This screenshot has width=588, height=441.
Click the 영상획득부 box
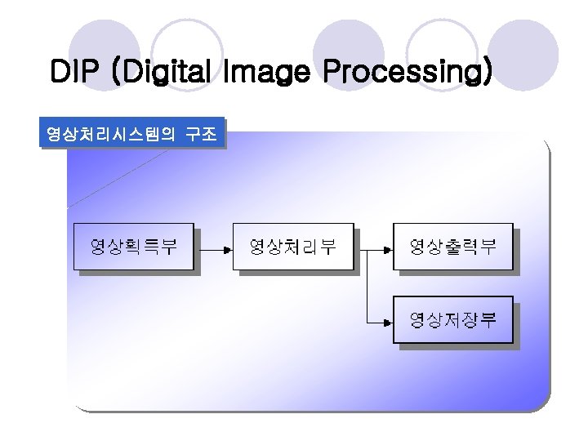pyautogui.click(x=134, y=246)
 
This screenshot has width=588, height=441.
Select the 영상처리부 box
pyautogui.click(x=293, y=246)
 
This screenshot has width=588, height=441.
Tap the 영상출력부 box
pyautogui.click(x=453, y=246)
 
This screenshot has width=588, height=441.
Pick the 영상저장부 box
pyautogui.click(x=453, y=319)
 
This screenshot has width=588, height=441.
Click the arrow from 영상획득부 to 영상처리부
pyautogui.click(x=213, y=246)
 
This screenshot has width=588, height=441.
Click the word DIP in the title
pyautogui.click(x=78, y=72)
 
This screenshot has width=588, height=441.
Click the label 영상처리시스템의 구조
pyautogui.click(x=131, y=134)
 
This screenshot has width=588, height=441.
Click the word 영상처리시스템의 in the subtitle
pyautogui.click(x=110, y=134)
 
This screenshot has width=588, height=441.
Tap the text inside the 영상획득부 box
pyautogui.click(x=134, y=246)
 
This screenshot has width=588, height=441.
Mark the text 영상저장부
pyautogui.click(x=453, y=319)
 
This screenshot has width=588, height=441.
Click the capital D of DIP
pyautogui.click(x=60, y=72)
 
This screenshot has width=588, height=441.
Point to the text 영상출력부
pyautogui.click(x=453, y=246)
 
